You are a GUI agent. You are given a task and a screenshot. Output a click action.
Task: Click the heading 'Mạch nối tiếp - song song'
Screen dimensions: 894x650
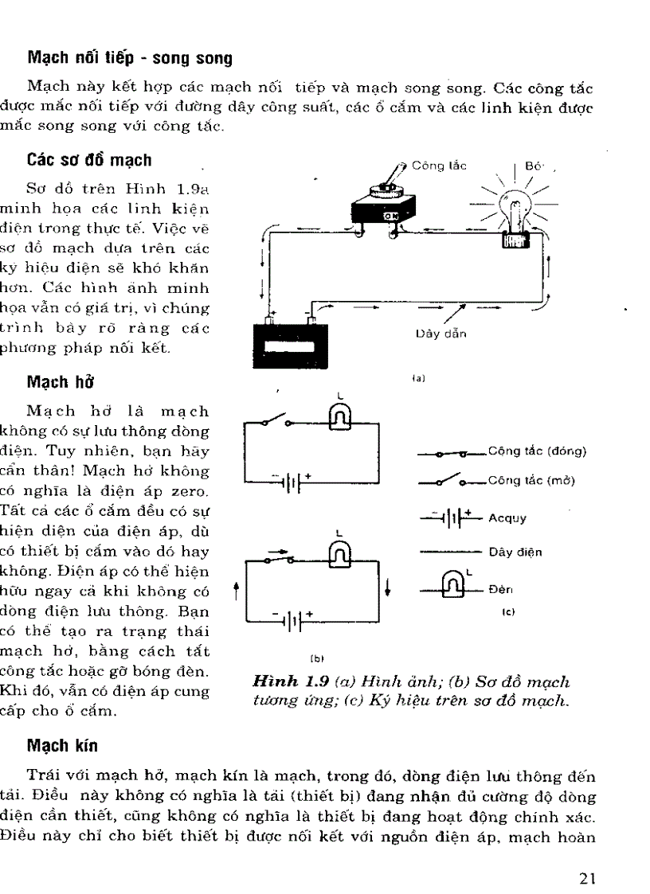130,58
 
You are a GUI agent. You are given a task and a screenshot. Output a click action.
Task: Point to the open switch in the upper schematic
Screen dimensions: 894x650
276,420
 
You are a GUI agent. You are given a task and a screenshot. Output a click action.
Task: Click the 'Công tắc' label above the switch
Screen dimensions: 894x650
439,167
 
